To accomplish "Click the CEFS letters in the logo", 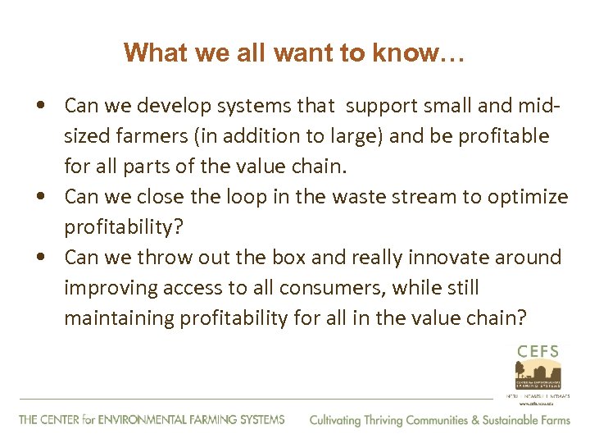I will coord(538,351).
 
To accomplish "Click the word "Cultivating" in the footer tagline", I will coord(335,420).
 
